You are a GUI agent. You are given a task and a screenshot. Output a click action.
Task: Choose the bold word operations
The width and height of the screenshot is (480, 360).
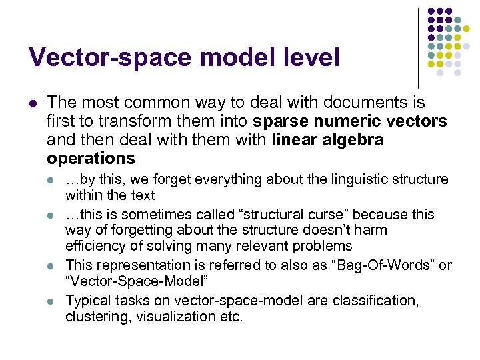click(91, 159)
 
